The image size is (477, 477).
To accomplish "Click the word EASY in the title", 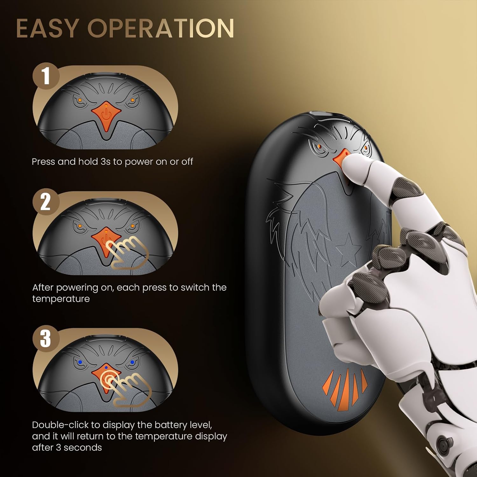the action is coord(47,28).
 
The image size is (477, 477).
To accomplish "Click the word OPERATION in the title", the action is coord(161,28).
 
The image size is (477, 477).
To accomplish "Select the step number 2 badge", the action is coord(46,202).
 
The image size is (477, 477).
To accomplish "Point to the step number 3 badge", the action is coord(46,338).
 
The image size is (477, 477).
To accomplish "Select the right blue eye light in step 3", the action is coord(132,362).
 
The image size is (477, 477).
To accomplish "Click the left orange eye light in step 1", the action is coord(79,100).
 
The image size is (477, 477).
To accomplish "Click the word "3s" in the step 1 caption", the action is coord(105,162).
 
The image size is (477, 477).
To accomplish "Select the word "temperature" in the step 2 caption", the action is coord(61,299).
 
